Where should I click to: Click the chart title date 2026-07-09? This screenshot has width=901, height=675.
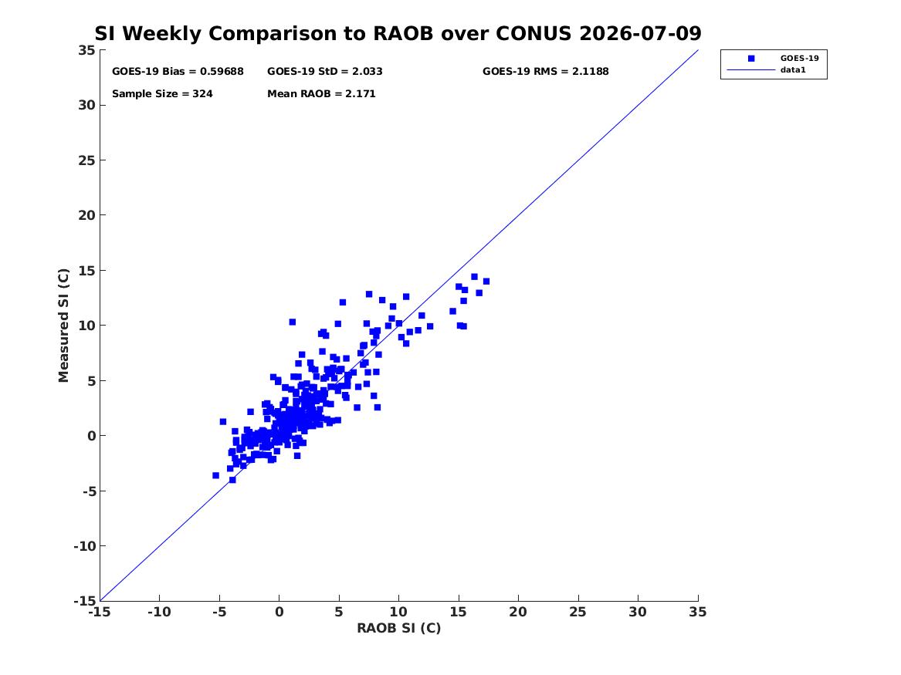[x=640, y=33]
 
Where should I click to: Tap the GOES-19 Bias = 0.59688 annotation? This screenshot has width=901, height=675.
[x=178, y=71]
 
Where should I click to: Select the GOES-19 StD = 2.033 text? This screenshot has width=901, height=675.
[x=325, y=71]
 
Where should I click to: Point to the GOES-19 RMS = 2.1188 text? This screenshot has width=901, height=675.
[x=545, y=71]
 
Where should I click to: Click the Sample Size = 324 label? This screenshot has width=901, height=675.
[x=162, y=93]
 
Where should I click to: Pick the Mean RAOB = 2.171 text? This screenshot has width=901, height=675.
[x=321, y=93]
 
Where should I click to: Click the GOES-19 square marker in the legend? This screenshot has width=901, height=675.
[x=751, y=58]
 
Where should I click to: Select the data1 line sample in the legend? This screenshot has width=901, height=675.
[x=751, y=70]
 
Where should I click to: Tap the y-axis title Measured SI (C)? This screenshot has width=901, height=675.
[x=63, y=325]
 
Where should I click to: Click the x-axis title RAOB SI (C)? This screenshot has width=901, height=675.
[x=399, y=628]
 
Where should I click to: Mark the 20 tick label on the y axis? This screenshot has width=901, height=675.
[x=86, y=215]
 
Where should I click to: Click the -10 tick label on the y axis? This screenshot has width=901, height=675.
[x=84, y=546]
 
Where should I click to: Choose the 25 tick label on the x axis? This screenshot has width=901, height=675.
[x=578, y=612]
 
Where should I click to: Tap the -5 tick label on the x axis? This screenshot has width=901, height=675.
[x=219, y=612]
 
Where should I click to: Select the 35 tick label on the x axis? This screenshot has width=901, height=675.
[x=698, y=612]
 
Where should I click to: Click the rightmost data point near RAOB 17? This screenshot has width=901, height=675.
[x=486, y=282]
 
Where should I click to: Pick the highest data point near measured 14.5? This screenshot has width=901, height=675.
[x=474, y=277]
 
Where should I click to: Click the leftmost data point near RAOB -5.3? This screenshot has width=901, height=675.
[x=215, y=475]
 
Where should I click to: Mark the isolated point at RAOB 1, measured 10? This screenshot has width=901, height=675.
[x=292, y=322]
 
